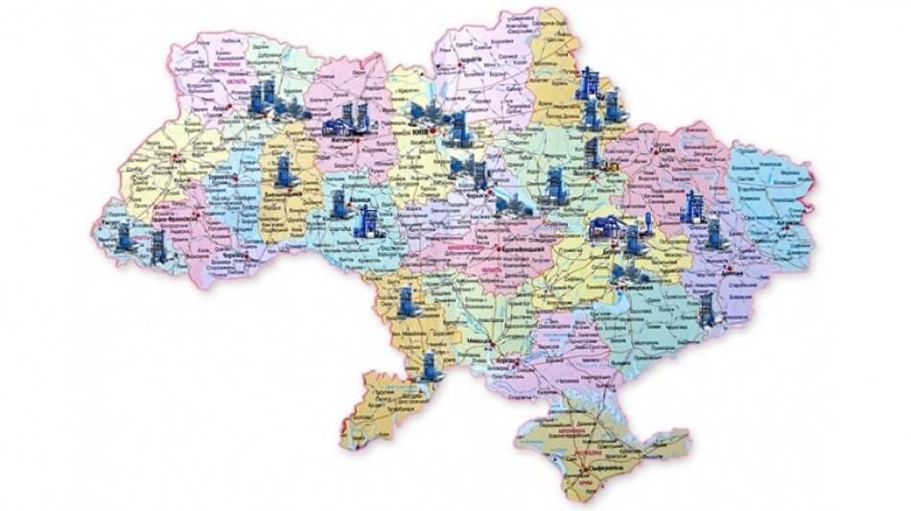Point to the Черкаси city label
477,193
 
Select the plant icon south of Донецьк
713,307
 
